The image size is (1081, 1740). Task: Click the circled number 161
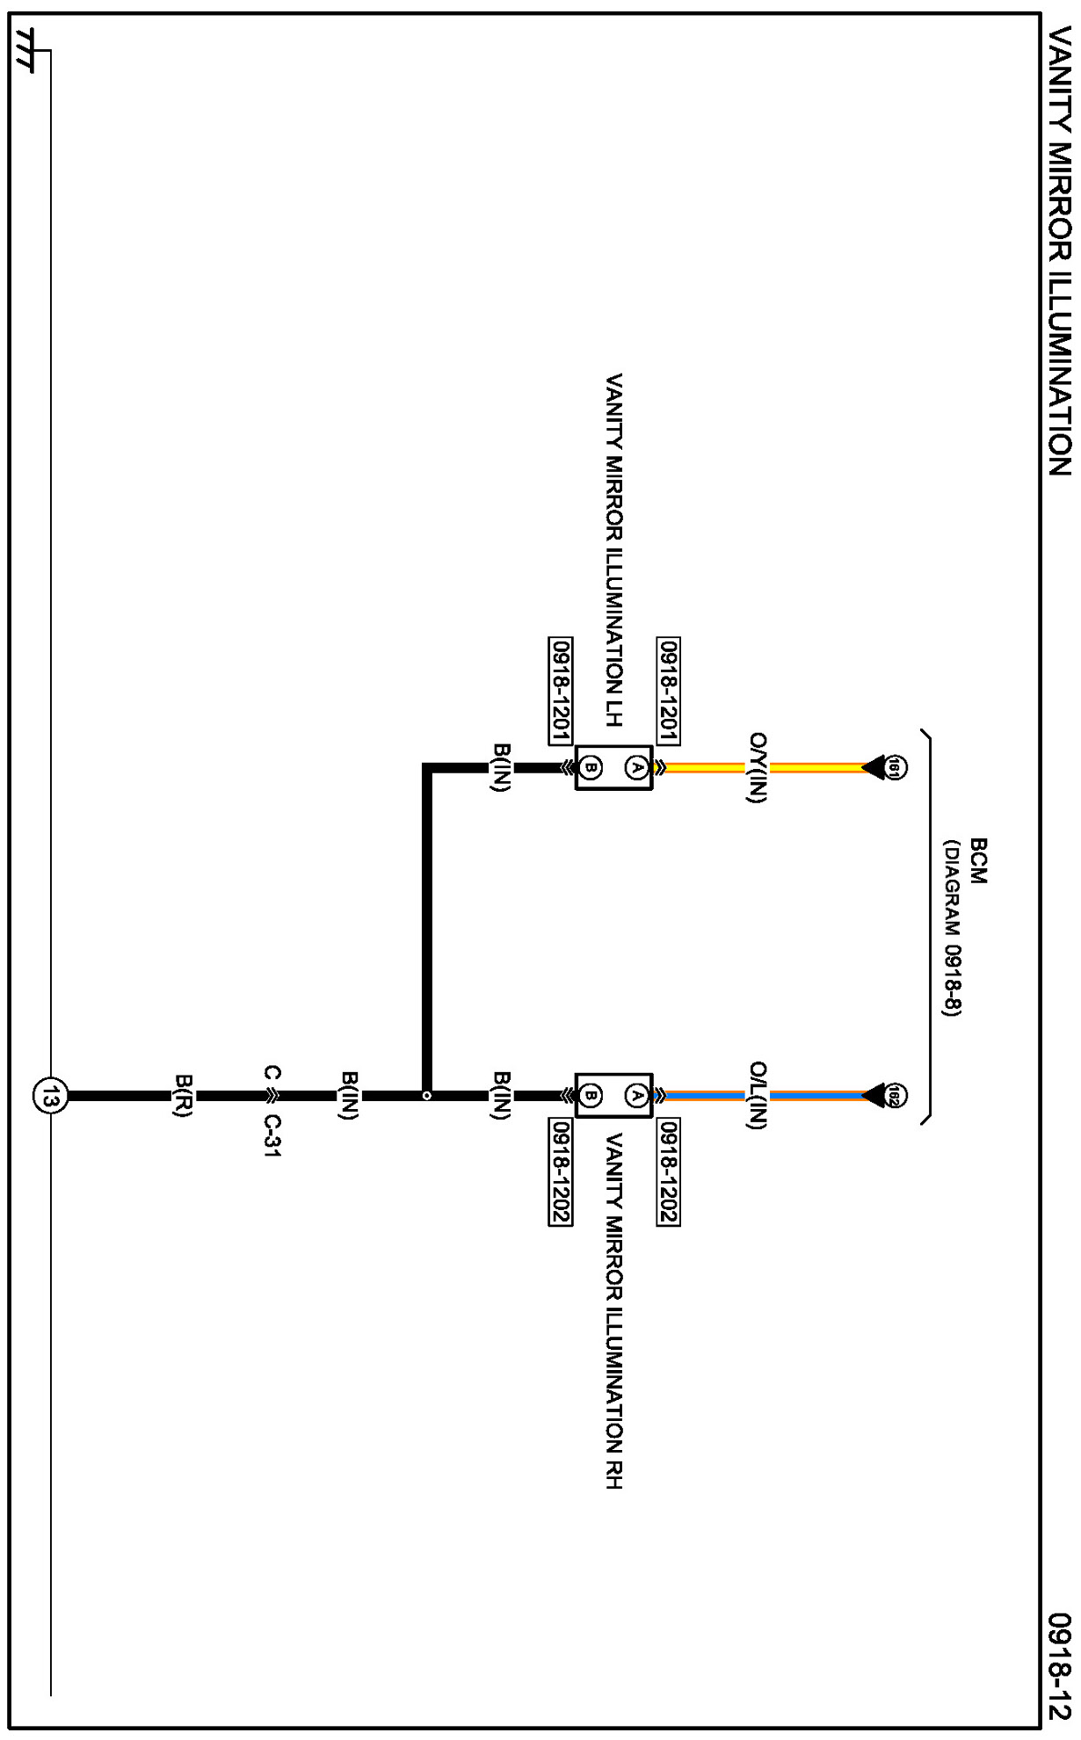tap(895, 767)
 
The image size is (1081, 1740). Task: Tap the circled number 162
tap(895, 1096)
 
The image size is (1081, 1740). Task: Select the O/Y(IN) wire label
tap(758, 767)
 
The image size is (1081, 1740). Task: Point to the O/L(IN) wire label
tap(758, 1096)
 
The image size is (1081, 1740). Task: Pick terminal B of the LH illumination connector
tap(591, 767)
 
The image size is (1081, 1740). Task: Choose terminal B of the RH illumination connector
tap(591, 1096)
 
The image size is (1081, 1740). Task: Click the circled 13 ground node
tap(50, 1096)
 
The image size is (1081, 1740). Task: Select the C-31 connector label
tap(272, 1136)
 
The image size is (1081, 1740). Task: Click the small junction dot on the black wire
tap(427, 1096)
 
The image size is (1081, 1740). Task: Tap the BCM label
tap(978, 861)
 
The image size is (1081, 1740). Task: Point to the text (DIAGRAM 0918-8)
tap(953, 928)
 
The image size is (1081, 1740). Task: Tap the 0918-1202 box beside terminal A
tap(668, 1171)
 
